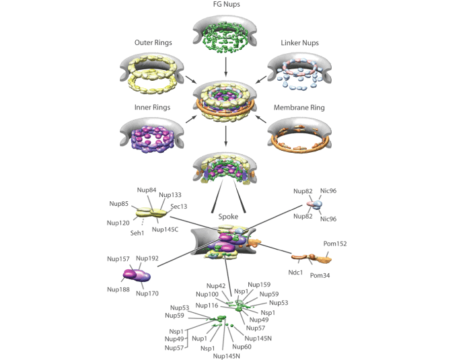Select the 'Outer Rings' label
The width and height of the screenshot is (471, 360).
pos(151,43)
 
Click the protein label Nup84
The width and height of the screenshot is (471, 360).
pos(148,190)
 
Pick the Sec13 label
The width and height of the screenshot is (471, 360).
pos(179,207)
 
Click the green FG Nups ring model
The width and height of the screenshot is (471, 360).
pos(226,38)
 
